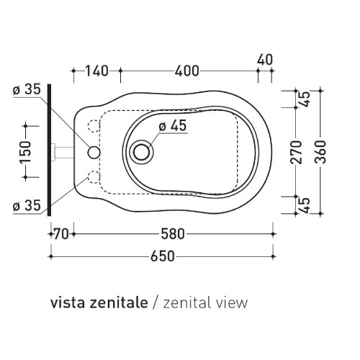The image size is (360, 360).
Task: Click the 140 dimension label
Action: (x=97, y=71)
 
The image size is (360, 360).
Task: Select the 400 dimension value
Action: (x=186, y=71)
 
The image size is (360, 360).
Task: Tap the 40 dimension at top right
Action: (x=265, y=60)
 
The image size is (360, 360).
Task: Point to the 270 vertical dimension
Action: (x=296, y=153)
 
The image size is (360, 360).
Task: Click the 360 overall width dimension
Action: (x=320, y=152)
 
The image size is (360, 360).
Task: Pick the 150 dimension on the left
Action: (x=26, y=152)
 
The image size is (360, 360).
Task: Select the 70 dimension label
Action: (x=61, y=234)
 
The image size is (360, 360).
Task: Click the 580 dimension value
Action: (x=173, y=234)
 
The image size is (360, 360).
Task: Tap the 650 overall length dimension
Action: (x=163, y=256)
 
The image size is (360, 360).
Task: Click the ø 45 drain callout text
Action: (x=173, y=125)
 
